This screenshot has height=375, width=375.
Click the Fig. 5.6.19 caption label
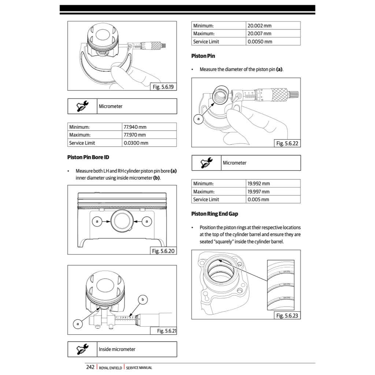pos(164,87)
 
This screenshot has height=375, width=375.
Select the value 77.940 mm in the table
pos(135,127)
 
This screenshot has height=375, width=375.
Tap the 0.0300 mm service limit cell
pos(136,143)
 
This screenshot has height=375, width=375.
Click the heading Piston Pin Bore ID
pos(88,157)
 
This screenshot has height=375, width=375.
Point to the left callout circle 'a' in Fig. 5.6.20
pos(97,221)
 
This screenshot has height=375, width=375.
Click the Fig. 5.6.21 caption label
pos(166,331)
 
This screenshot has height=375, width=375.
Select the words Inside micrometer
pos(117,349)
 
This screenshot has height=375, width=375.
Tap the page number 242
pos(90,367)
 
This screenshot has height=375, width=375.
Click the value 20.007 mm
pos(259,34)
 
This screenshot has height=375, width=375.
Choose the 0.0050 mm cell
pos(260,42)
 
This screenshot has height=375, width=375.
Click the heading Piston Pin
pos(203,56)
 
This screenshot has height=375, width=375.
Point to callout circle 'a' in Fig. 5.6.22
pos(198,119)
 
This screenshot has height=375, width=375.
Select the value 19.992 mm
pos(259,183)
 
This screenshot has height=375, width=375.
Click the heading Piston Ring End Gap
pos(215,214)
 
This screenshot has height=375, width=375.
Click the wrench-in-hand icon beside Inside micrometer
pos(82,349)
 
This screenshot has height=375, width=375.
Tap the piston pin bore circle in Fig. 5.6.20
pos(122,221)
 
